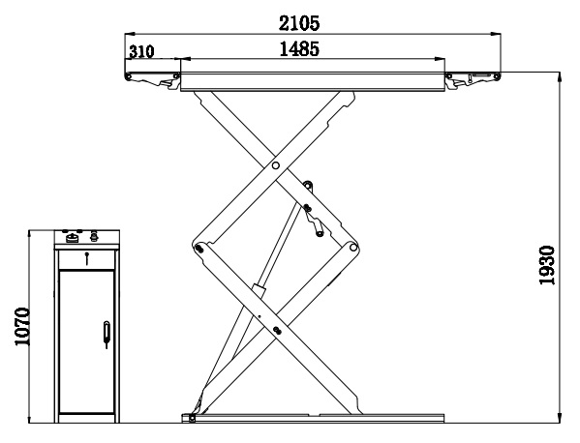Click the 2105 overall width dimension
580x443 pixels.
[x=299, y=23]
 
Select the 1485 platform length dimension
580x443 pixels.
[x=299, y=48]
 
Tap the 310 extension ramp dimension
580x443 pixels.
[x=141, y=51]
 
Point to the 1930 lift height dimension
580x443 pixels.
[x=547, y=265]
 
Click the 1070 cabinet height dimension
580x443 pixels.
[x=22, y=326]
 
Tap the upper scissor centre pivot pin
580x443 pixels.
[x=276, y=165]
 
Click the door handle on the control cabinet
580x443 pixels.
[x=107, y=334]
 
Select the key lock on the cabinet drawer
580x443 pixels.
[x=86, y=258]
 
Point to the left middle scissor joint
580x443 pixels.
[x=199, y=249]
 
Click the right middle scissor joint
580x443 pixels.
[x=353, y=248]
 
